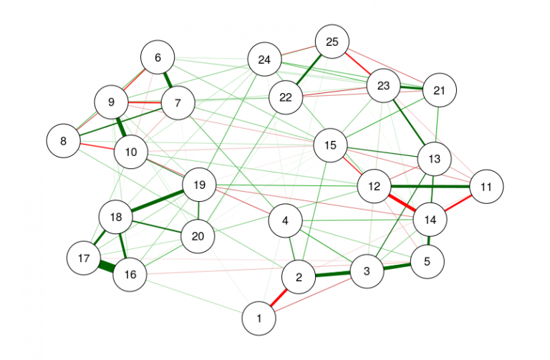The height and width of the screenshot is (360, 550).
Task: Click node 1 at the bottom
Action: click(x=259, y=318)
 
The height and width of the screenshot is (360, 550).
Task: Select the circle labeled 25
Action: click(x=332, y=42)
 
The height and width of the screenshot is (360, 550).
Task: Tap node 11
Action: click(x=486, y=187)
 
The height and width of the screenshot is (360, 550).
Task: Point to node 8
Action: click(x=64, y=141)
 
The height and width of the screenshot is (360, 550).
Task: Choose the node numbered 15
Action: click(x=330, y=145)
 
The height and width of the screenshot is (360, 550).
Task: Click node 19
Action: click(x=200, y=185)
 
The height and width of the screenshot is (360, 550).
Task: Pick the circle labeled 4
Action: click(x=286, y=221)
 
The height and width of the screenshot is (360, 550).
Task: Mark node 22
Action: click(x=286, y=97)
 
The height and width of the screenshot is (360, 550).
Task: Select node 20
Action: click(x=198, y=237)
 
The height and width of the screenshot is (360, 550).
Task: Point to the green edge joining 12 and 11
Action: click(x=430, y=187)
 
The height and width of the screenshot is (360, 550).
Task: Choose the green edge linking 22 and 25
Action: click(x=309, y=69)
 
